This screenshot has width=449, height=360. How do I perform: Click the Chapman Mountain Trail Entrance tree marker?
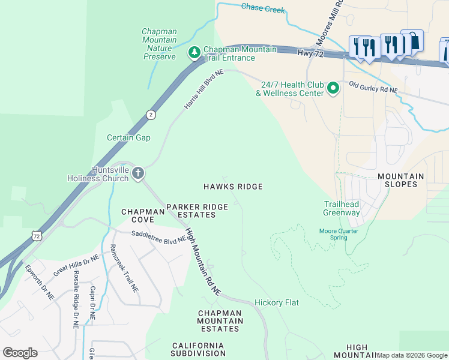[194, 53]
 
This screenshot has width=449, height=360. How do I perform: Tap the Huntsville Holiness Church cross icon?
[138, 174]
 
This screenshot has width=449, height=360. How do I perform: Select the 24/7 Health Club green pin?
[333, 89]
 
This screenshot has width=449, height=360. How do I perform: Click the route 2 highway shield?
[151, 114]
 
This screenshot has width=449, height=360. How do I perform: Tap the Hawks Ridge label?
[233, 187]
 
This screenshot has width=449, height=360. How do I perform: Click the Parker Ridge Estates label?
[197, 211]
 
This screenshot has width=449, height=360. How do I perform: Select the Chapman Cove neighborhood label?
[143, 216]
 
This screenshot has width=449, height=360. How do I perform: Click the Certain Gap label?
[128, 137]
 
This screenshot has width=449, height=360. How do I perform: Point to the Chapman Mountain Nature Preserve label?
[159, 44]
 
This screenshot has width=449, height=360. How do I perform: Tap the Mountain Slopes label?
[400, 180]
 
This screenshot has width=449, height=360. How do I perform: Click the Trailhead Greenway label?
[342, 208]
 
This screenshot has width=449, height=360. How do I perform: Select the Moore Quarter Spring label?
[339, 234]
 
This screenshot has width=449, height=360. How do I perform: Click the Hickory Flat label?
[276, 302]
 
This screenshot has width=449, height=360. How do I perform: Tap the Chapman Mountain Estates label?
[220, 321]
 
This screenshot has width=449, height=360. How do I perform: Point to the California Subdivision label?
[197, 349]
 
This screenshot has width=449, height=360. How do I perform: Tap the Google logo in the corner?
[20, 353]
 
